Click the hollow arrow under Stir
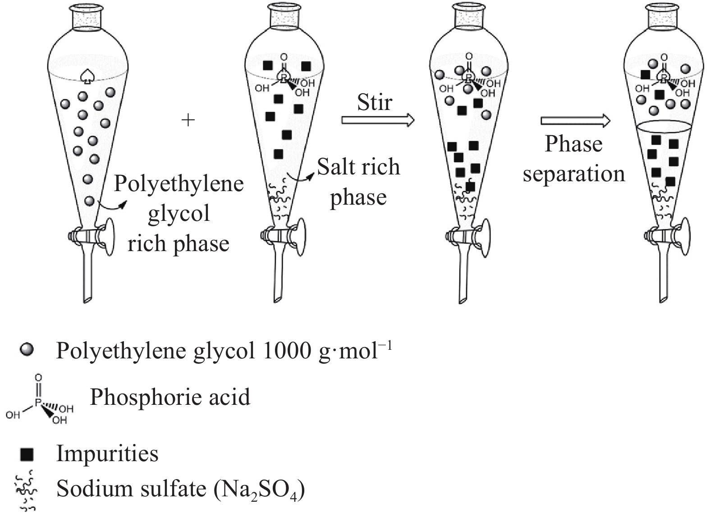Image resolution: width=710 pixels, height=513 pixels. (x=378, y=120)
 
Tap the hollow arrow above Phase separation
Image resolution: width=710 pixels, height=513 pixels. (x=575, y=121)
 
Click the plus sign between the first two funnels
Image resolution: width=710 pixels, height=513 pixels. (x=188, y=120)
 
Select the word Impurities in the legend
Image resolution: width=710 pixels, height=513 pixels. (x=107, y=453)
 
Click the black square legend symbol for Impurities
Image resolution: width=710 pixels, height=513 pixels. (x=27, y=454)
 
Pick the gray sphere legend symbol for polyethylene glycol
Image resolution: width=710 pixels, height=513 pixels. (x=27, y=349)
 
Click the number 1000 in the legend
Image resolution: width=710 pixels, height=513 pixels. (x=287, y=351)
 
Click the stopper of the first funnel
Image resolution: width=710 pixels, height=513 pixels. (x=88, y=17)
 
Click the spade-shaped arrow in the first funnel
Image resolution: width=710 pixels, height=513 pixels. (x=88, y=77)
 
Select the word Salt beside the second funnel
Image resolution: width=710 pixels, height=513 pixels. (x=337, y=167)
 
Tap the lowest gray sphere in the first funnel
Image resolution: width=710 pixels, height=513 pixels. (x=89, y=201)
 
